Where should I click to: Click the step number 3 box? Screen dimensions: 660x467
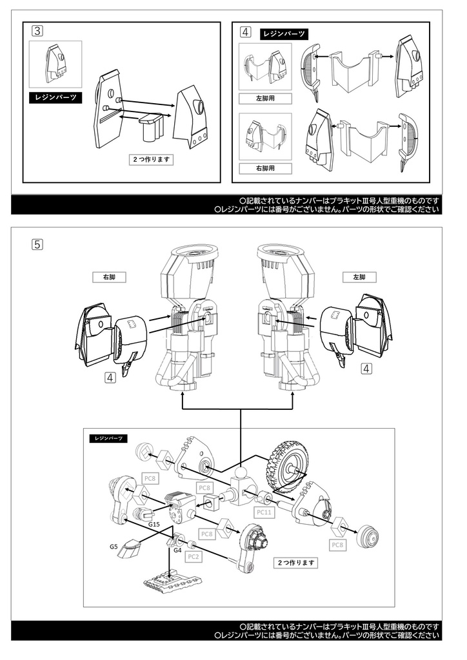coord(37,30)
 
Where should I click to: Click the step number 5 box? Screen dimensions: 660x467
coord(37,244)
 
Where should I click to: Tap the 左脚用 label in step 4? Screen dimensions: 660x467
coord(264,99)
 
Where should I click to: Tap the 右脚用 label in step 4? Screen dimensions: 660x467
coord(264,168)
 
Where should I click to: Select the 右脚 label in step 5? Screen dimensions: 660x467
coord(108,277)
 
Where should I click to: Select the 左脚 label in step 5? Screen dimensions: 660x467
coord(359,277)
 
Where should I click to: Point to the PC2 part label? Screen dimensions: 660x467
coord(194,556)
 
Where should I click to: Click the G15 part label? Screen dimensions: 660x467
coord(154,525)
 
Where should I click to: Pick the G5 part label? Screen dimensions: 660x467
coord(114,547)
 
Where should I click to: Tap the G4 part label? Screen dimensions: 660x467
coord(177,550)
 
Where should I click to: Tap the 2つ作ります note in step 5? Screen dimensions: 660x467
coord(297,563)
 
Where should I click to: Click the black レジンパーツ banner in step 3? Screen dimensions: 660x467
coord(55,98)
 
